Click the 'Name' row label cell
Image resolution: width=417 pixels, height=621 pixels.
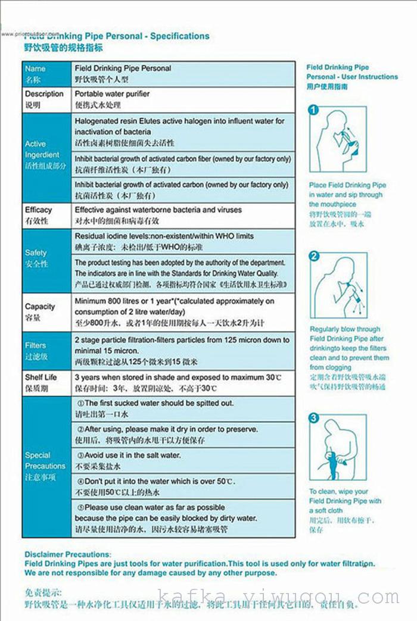click(46, 73)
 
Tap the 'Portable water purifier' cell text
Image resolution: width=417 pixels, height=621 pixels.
click(112, 94)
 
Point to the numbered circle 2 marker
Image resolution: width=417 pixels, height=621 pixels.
click(315, 257)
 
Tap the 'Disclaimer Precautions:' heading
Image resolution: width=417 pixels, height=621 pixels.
click(68, 554)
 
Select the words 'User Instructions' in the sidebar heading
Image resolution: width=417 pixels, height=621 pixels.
click(370, 77)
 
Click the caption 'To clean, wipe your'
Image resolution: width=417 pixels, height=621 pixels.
click(338, 492)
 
